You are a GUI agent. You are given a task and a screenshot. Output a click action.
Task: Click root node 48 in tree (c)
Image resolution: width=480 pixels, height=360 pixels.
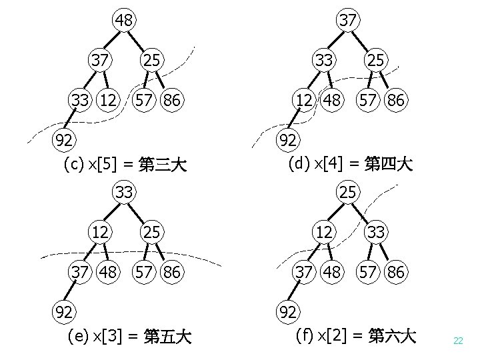click(123, 20)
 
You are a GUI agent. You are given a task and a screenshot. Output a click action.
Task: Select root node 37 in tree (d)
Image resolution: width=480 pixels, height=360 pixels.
click(347, 20)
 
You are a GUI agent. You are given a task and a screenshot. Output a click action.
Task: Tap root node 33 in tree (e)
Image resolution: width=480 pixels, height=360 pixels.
click(123, 193)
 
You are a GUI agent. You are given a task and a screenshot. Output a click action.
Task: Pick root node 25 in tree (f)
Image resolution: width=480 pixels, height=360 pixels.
click(347, 193)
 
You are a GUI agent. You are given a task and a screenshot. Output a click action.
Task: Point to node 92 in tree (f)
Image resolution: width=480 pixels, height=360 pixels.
click(288, 311)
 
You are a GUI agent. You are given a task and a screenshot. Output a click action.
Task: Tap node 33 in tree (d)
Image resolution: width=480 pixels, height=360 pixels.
click(325, 60)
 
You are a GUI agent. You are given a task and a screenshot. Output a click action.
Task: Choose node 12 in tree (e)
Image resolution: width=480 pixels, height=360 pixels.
click(101, 233)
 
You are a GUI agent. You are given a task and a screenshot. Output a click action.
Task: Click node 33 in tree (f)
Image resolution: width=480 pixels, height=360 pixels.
click(376, 233)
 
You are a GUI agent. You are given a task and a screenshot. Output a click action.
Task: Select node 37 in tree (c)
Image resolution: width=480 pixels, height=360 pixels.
click(101, 60)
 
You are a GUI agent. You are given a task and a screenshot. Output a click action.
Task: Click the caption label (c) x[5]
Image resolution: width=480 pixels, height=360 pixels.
click(125, 164)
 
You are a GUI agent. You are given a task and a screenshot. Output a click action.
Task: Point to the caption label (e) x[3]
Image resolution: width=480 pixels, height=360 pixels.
click(129, 337)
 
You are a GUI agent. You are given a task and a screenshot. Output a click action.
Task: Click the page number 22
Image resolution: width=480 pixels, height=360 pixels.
click(457, 341)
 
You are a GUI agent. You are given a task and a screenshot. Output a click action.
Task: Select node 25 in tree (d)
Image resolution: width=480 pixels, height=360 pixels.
click(376, 60)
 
